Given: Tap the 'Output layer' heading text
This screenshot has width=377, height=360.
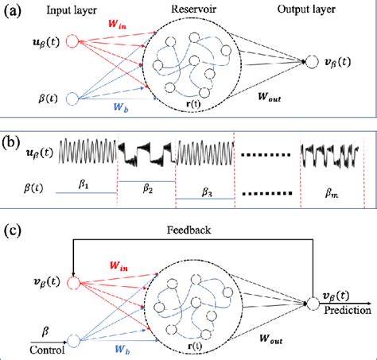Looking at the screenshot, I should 305,9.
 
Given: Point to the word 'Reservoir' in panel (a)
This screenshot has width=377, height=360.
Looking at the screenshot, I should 189,9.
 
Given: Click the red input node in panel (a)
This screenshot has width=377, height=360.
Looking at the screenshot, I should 73,42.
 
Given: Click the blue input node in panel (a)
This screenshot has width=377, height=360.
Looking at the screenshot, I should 73,99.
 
